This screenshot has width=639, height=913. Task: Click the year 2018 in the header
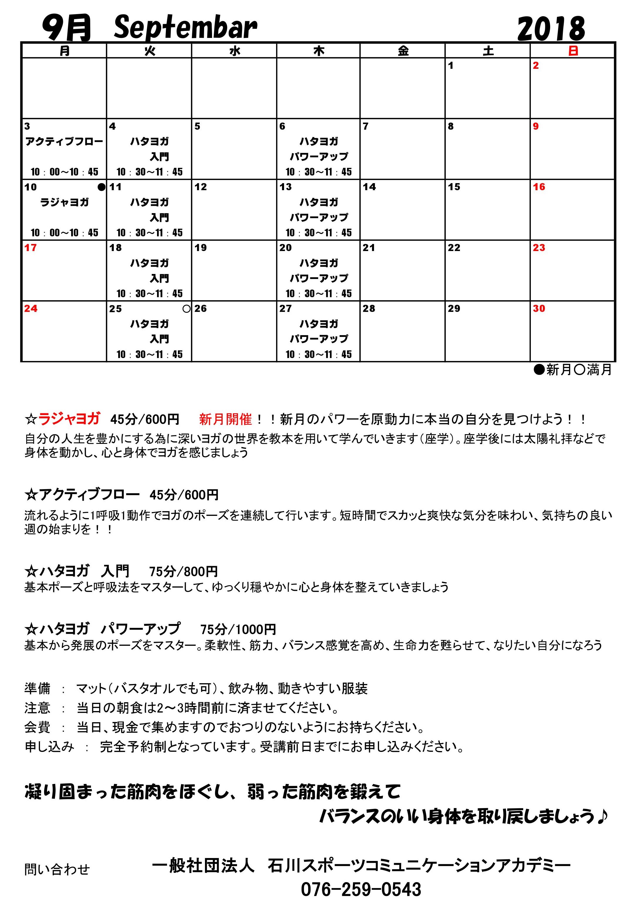551,29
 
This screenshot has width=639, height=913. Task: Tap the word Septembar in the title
186,28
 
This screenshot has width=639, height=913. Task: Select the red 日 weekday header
573,51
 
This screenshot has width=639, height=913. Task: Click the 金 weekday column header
403,51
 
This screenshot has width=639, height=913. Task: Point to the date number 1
451,66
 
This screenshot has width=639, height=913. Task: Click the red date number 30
539,309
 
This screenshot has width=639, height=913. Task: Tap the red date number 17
30,248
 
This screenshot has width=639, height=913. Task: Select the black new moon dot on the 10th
101,187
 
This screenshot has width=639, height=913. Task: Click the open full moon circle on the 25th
186,309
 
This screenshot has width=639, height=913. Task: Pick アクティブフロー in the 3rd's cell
64,142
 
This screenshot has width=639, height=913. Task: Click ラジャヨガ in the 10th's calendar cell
64,203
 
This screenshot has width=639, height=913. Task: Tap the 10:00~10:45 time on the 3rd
64,172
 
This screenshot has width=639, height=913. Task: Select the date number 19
201,248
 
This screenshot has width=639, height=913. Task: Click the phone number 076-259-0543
361,889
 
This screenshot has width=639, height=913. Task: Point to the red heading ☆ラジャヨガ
62,419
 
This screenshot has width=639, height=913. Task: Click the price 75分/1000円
238,629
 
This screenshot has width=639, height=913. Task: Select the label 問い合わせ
57,870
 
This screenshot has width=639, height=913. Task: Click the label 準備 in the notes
37,688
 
